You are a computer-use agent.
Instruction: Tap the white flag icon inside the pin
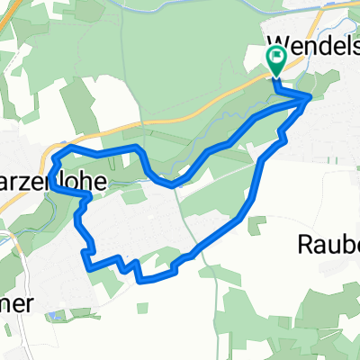click(x=275, y=60)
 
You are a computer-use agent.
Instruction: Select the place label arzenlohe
click(x=54, y=181)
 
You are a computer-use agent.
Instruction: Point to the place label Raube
click(x=329, y=244)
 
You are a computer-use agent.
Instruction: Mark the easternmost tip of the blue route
click(x=311, y=97)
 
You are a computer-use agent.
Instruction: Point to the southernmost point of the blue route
click(x=142, y=280)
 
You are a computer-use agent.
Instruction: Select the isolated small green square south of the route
click(x=142, y=308)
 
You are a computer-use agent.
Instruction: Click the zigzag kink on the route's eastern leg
click(x=282, y=135)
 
